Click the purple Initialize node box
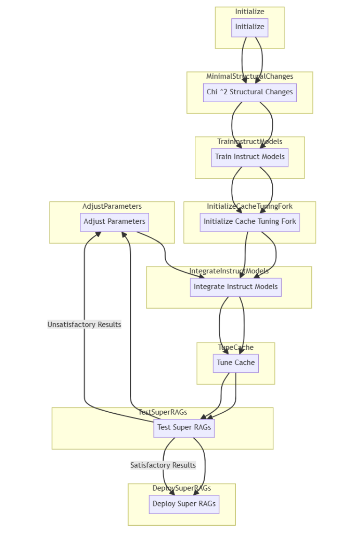(250, 27)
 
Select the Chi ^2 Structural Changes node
(250, 92)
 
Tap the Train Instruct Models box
(250, 157)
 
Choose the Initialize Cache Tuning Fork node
(250, 222)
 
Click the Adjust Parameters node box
(114, 222)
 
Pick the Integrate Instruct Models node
(236, 287)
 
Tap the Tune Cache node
(236, 363)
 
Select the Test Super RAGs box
(184, 428)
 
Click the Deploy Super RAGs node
(184, 504)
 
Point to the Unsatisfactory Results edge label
(84, 325)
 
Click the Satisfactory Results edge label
(163, 465)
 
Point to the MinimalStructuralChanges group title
(250, 76)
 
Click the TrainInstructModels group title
(250, 142)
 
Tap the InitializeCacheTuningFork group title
(250, 206)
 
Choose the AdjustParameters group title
(112, 206)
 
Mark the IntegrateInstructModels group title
(229, 271)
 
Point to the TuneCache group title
(236, 348)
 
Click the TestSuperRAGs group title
(162, 412)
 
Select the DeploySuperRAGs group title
(182, 488)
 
